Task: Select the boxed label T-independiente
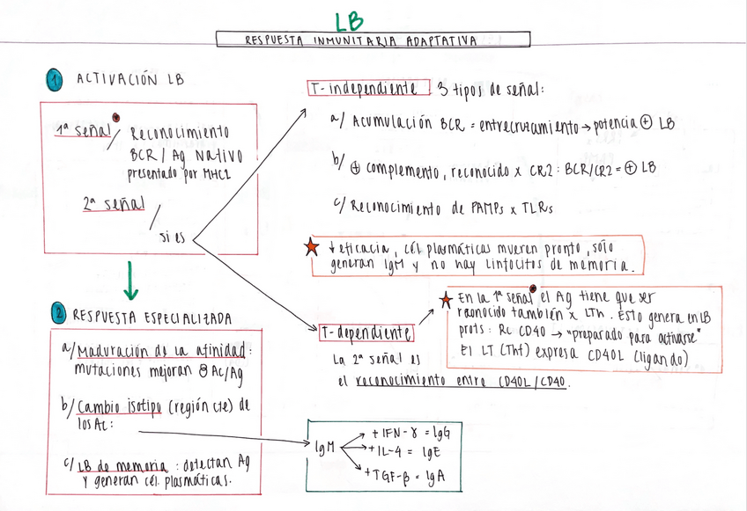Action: [x=364, y=89]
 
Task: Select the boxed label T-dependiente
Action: [x=364, y=332]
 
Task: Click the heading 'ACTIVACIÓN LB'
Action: [x=130, y=80]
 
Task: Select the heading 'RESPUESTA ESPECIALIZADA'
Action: [x=152, y=315]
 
